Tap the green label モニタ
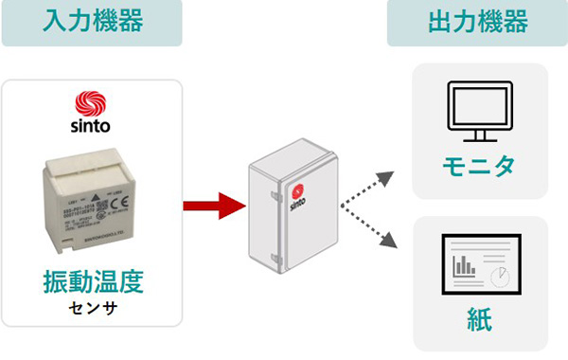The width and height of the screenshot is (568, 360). pos(478,167)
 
